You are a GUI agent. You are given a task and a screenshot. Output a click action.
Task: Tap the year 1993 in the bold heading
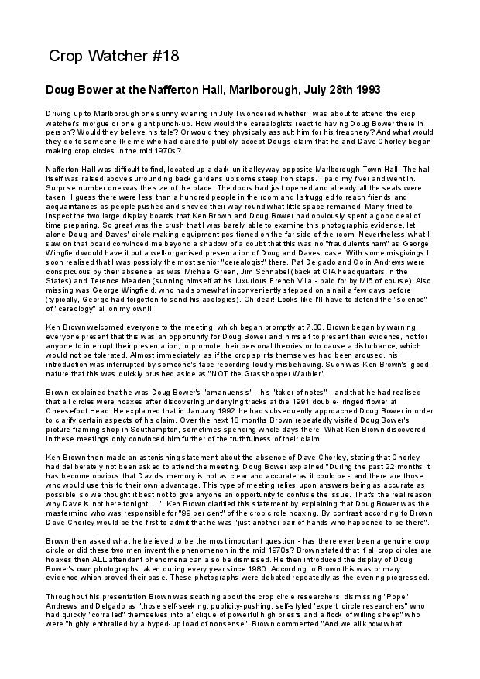coord(365,91)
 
